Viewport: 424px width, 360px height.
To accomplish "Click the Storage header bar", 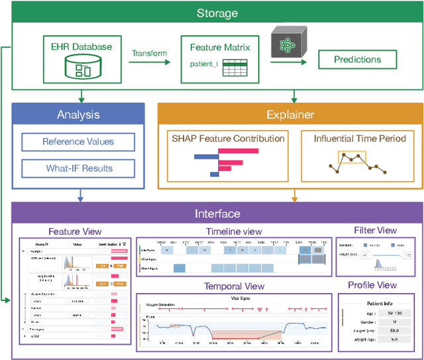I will point(217,13).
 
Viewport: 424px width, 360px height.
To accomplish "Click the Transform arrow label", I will point(149,53).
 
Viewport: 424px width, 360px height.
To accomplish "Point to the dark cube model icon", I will point(288,44).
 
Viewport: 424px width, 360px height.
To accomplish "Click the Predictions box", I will point(358,60).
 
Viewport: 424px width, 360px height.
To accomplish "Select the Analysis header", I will point(78,115).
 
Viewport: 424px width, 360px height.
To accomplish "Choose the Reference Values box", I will point(78,142).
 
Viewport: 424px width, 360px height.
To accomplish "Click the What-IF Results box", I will point(78,168).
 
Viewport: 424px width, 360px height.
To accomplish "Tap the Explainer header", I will point(290,115).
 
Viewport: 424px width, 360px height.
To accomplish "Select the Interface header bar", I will point(217,213).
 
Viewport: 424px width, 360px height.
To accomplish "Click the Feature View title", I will point(75,231).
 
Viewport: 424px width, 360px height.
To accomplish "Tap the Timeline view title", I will point(235,231).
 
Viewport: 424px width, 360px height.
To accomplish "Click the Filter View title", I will point(375,230).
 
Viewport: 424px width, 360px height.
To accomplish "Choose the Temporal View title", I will point(235,286).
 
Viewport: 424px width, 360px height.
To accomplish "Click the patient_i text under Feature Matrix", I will point(204,64).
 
